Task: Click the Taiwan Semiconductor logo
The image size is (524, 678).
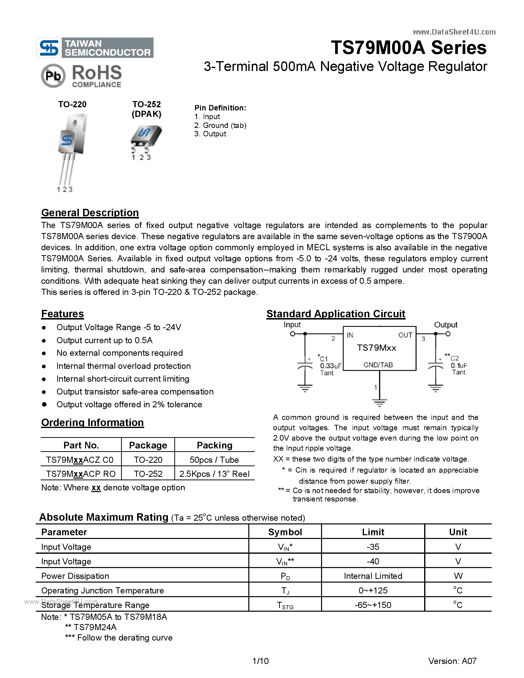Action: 95,48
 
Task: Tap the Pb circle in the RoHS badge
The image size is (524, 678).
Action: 53,75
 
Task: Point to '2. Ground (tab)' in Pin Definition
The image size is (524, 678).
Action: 220,125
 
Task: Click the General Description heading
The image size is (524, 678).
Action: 90,213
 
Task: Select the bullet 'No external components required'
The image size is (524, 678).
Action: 120,353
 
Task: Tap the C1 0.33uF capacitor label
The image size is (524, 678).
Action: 330,366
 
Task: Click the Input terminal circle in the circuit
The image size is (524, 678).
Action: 292,334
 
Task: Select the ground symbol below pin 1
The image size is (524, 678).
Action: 379,403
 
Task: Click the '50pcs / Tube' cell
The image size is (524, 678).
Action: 214,460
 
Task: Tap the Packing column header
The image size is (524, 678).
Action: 215,445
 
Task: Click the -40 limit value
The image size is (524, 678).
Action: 373,561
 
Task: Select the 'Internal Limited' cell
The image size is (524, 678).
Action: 373,576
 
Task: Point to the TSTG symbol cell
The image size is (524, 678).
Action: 285,605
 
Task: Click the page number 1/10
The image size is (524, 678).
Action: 261,661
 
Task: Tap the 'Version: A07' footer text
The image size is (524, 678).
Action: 452,661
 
